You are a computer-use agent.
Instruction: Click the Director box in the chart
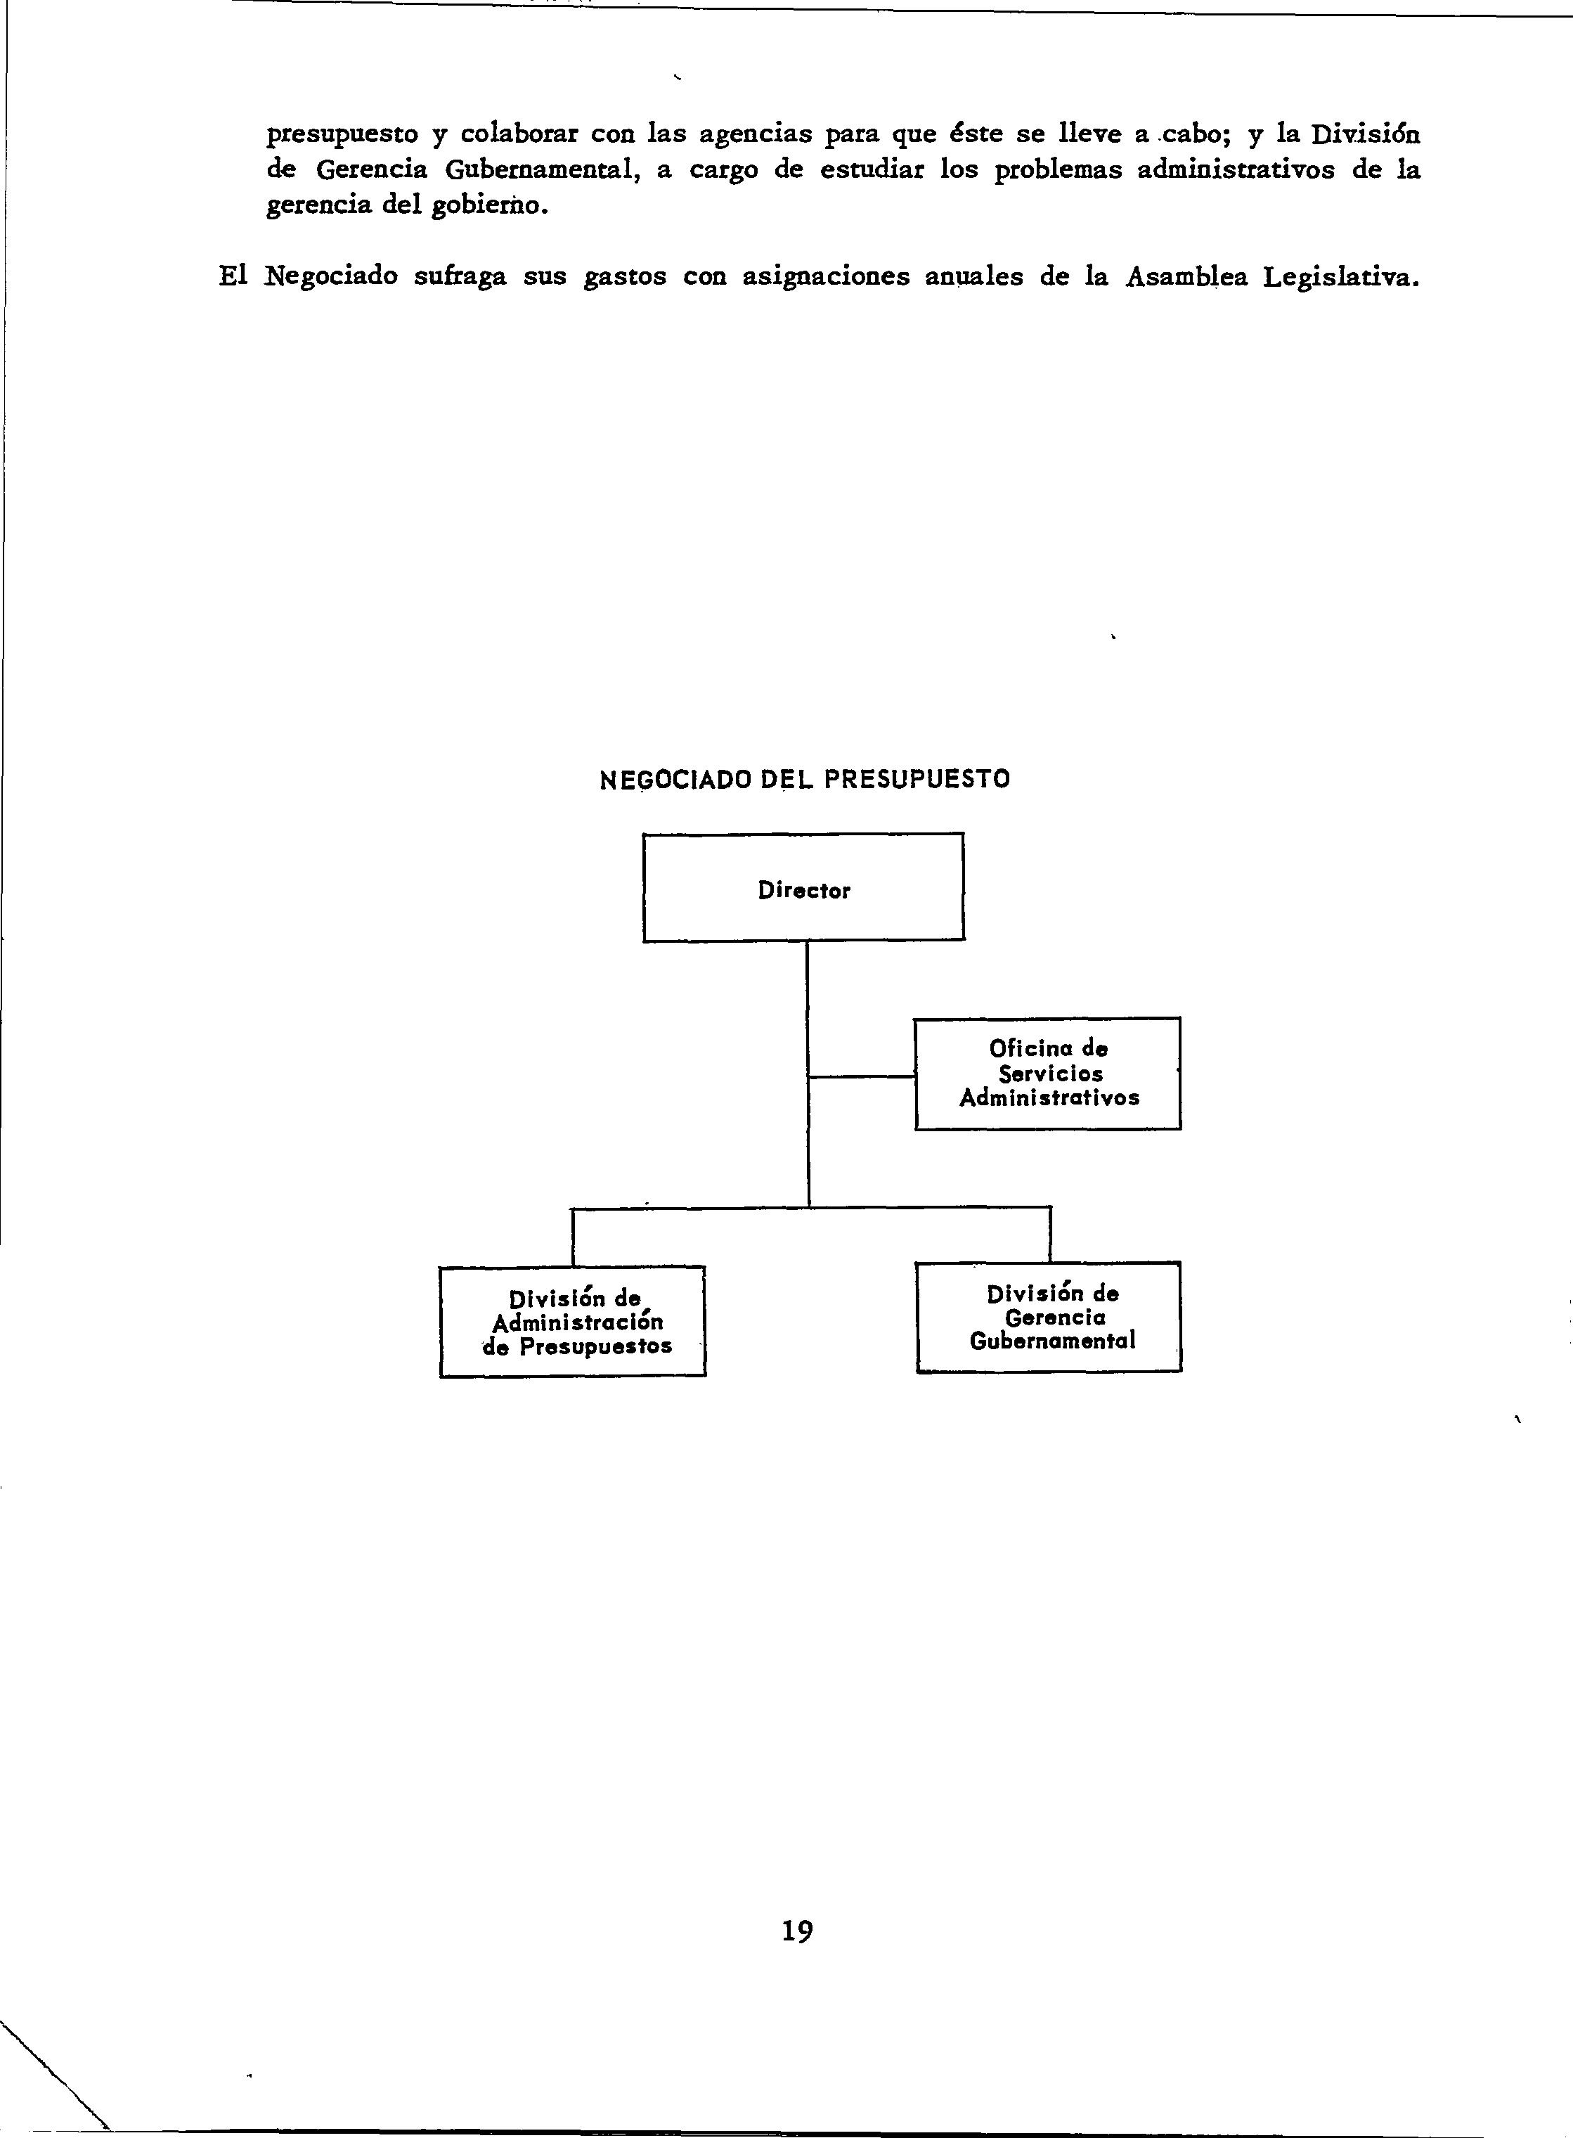coord(803,887)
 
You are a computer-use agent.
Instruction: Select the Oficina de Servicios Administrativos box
coord(1047,1074)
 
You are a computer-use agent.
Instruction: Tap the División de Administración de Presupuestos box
coord(572,1321)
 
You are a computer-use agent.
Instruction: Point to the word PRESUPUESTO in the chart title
coord(916,779)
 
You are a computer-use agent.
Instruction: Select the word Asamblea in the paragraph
coord(1186,277)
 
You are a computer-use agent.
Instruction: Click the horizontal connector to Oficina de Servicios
coord(861,1076)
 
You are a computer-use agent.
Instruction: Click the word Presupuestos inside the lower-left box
coord(595,1346)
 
